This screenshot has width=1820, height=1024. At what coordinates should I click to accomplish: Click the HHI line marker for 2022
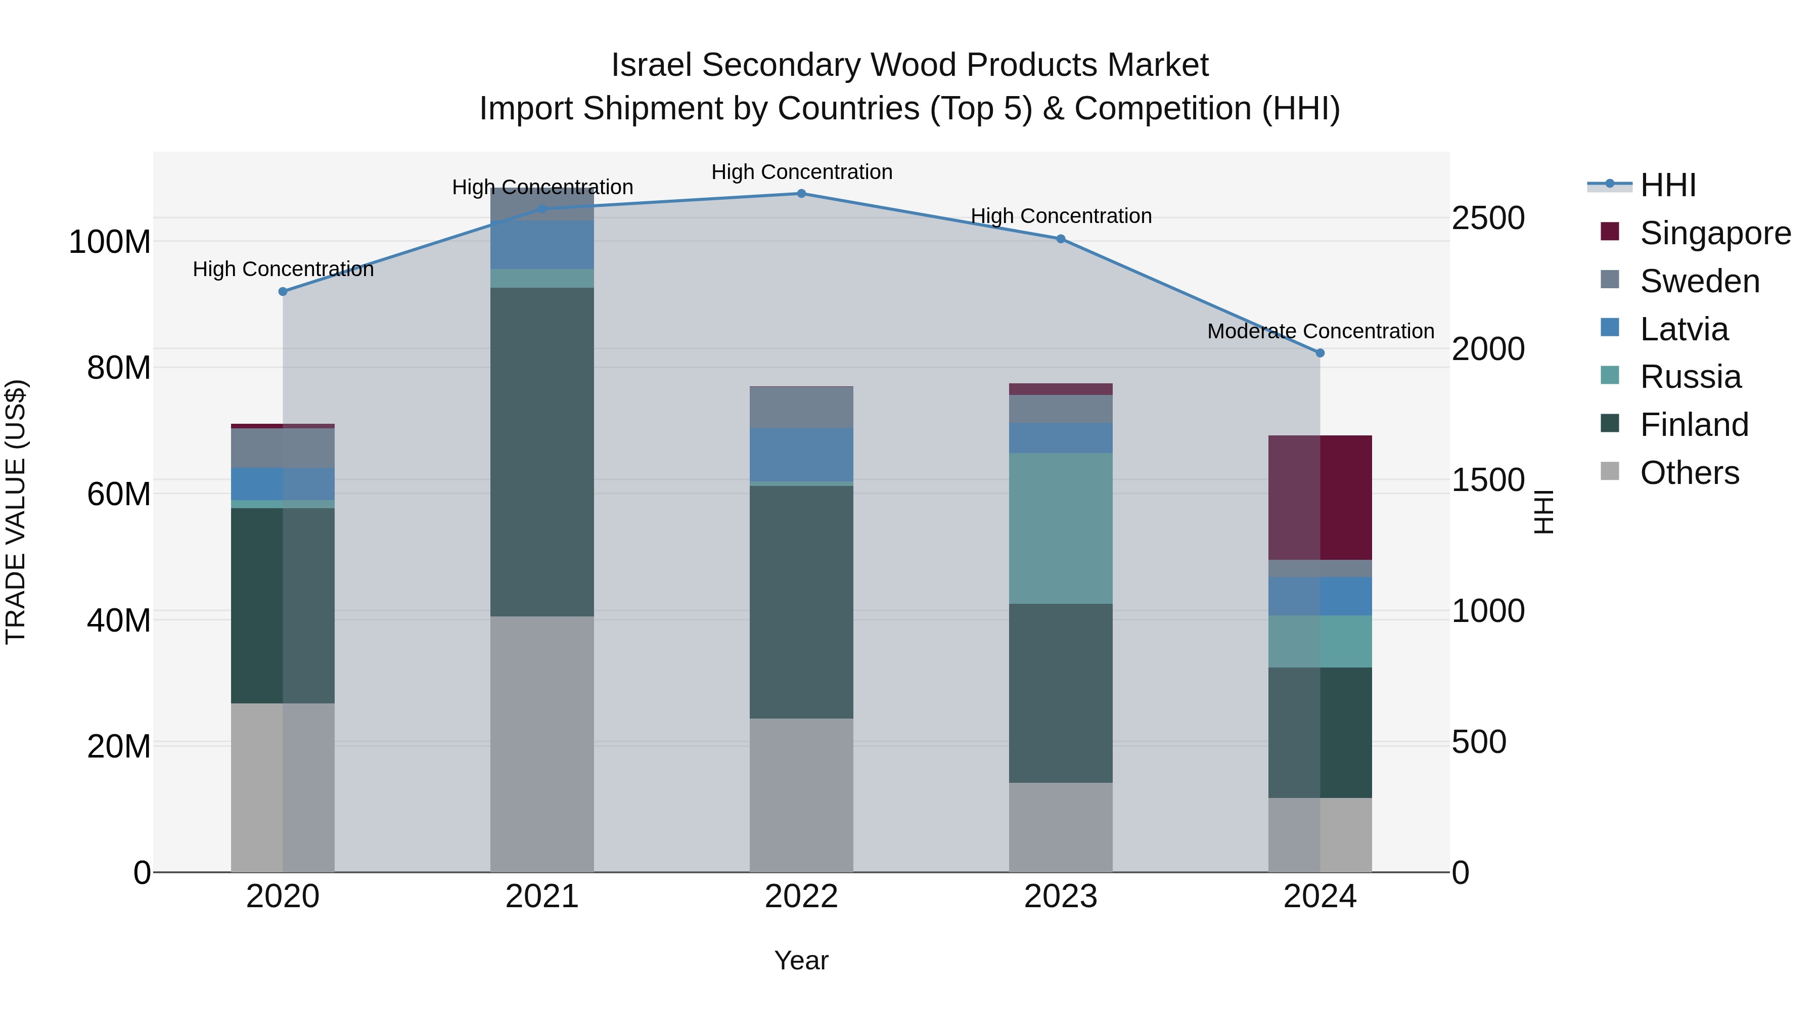[801, 193]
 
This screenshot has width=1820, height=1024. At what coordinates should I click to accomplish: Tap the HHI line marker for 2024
[1320, 352]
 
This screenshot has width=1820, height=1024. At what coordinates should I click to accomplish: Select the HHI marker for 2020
[283, 291]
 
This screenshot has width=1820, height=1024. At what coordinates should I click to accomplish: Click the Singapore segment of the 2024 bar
[1320, 498]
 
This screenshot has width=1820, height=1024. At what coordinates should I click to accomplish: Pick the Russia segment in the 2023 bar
[1061, 528]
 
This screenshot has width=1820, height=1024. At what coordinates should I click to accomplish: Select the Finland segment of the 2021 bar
[542, 452]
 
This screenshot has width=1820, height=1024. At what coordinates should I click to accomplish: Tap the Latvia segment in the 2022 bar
[801, 455]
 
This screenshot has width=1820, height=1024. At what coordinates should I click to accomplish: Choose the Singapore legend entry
[1715, 233]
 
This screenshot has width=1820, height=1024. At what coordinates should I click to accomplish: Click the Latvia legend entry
[1683, 329]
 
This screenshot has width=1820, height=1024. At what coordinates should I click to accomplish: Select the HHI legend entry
[1667, 185]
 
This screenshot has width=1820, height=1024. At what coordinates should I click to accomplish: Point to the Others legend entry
[1689, 473]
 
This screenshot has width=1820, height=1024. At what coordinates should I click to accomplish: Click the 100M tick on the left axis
[110, 242]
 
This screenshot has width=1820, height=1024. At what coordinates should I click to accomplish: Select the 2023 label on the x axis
[1061, 897]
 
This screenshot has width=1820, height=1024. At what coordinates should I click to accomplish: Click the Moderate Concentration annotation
[1320, 331]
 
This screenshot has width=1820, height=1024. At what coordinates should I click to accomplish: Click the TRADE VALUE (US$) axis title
[16, 512]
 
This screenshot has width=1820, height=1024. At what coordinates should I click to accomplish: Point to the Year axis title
[801, 960]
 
